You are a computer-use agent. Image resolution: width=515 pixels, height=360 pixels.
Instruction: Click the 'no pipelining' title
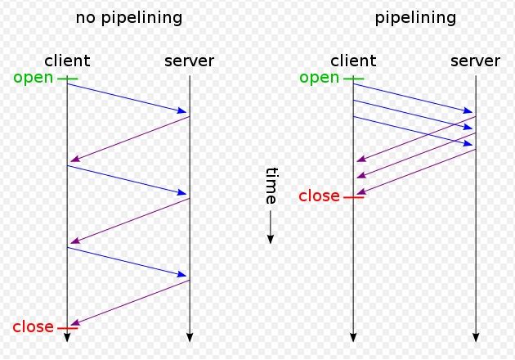[x=129, y=18]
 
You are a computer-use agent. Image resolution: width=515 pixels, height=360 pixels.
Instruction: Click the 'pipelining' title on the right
[x=415, y=18]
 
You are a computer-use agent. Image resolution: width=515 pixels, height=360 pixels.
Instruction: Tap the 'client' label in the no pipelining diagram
[x=67, y=61]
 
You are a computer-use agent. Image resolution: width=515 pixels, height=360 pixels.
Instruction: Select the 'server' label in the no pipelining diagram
[x=189, y=61]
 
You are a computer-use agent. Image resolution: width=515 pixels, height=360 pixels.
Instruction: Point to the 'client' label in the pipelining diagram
[x=353, y=61]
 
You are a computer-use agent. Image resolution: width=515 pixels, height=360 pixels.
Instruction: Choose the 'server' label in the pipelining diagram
[x=475, y=61]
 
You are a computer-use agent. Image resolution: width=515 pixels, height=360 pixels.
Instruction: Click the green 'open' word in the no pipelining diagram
[x=34, y=79]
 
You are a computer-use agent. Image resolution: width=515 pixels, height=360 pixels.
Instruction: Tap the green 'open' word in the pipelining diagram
[x=320, y=79]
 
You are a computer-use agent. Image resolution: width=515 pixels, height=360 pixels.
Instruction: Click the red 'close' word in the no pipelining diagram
[x=34, y=326]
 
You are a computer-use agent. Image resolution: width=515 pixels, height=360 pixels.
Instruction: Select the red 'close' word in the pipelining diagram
[x=320, y=196]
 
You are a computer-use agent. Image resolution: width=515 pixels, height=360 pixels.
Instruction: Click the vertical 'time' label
[x=271, y=186]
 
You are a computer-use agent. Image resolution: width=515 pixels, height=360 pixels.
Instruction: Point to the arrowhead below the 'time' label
[x=271, y=240]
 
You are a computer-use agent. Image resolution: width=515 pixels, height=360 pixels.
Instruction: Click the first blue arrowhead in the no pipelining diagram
[x=182, y=110]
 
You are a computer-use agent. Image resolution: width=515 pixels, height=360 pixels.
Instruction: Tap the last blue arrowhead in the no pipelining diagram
[x=182, y=274]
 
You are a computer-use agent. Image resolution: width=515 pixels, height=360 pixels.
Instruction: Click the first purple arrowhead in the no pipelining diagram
[x=75, y=159]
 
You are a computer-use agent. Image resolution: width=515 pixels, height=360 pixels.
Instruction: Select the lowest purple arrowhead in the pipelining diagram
[x=361, y=191]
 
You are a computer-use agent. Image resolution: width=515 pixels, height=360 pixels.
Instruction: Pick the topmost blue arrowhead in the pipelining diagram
[x=468, y=110]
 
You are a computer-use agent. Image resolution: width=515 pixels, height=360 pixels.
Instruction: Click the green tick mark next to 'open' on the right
[x=353, y=79]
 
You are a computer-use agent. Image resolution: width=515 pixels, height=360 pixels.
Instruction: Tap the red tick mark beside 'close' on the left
[x=68, y=328]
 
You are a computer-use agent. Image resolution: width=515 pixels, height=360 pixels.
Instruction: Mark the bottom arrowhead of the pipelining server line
[x=476, y=338]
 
